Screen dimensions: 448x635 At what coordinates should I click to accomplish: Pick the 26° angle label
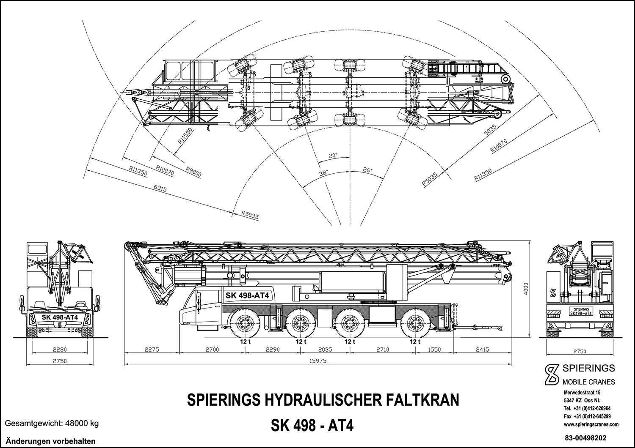pos(367,170)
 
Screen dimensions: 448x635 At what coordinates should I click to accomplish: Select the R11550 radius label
pos(185,137)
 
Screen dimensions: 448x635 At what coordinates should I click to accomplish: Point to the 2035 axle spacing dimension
pos(325,350)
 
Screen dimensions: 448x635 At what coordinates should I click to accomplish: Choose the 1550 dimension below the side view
pos(434,350)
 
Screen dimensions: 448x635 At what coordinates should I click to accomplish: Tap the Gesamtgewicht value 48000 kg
pos(81,423)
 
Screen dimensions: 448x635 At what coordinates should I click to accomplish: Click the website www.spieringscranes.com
pos(591,424)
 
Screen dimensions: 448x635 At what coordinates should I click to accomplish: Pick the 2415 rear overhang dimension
pos(482,350)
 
